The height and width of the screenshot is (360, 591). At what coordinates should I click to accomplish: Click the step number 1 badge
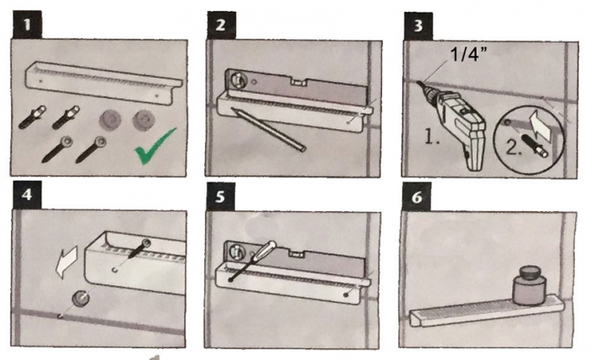27,25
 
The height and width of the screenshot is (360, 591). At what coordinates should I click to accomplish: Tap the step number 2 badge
221,25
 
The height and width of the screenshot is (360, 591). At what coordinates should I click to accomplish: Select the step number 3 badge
418,26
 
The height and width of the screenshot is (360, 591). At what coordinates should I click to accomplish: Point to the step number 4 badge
27,195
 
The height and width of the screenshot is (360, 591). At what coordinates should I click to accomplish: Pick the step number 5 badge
221,197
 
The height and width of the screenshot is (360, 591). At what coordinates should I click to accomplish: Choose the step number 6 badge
417,197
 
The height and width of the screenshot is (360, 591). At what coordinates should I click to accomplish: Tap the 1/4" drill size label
469,54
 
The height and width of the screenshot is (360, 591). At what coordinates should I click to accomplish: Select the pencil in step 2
269,130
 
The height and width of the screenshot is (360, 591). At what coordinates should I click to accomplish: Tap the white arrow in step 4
66,262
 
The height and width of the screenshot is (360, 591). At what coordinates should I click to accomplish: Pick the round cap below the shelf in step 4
80,299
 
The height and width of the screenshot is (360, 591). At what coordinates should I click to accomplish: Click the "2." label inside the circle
513,147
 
